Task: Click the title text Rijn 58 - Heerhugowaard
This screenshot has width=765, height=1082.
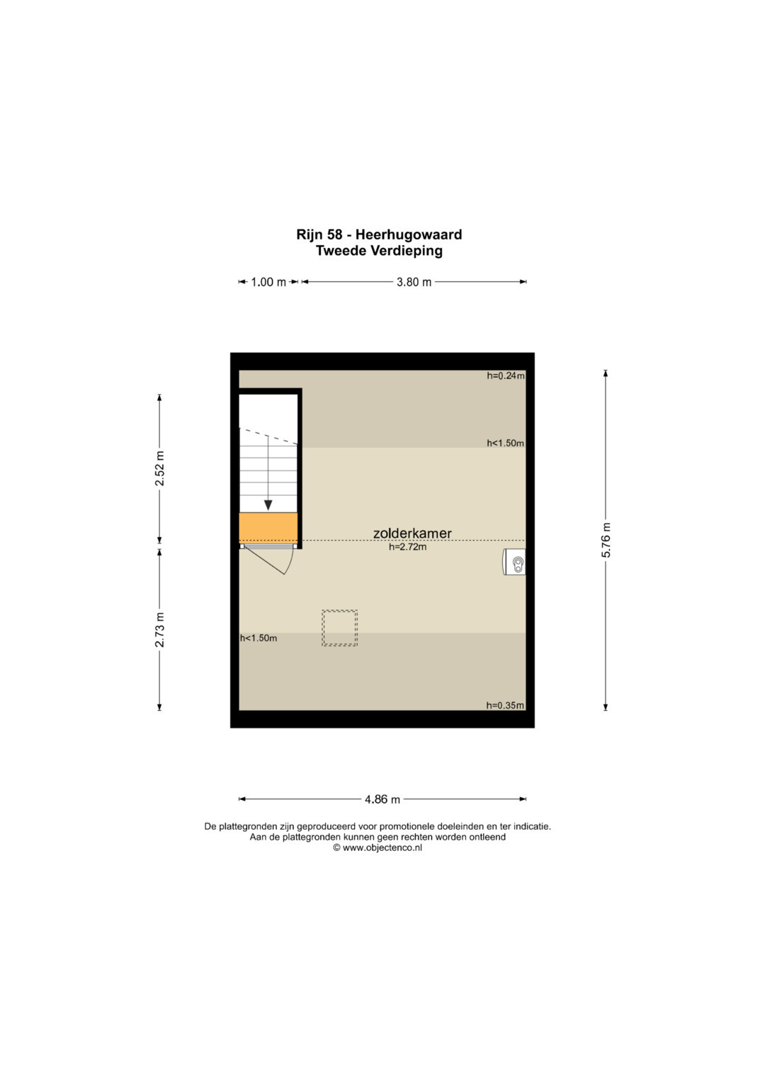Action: [379, 235]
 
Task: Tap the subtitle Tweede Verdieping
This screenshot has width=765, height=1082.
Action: [379, 251]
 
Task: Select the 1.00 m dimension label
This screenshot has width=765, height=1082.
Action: [268, 282]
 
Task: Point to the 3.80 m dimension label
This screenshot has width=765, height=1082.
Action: [414, 282]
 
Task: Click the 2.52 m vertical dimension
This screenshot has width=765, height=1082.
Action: [160, 468]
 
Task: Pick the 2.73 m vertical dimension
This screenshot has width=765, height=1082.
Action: [160, 629]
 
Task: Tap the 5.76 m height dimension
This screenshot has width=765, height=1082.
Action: [606, 539]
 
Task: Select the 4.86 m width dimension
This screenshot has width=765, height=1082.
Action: [382, 799]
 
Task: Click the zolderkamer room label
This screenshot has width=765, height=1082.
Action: [412, 534]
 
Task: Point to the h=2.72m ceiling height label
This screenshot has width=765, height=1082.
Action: [407, 547]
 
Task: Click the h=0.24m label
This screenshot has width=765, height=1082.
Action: [506, 376]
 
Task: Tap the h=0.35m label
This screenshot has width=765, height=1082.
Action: [505, 705]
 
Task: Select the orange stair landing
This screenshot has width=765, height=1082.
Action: [268, 528]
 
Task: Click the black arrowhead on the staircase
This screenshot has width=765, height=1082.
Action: [268, 505]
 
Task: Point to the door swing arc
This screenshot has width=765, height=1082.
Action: [290, 560]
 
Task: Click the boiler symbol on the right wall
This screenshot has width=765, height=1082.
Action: [514, 562]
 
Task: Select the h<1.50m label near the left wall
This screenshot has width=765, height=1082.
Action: [259, 638]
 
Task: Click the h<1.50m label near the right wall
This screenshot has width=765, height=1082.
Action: [506, 443]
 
